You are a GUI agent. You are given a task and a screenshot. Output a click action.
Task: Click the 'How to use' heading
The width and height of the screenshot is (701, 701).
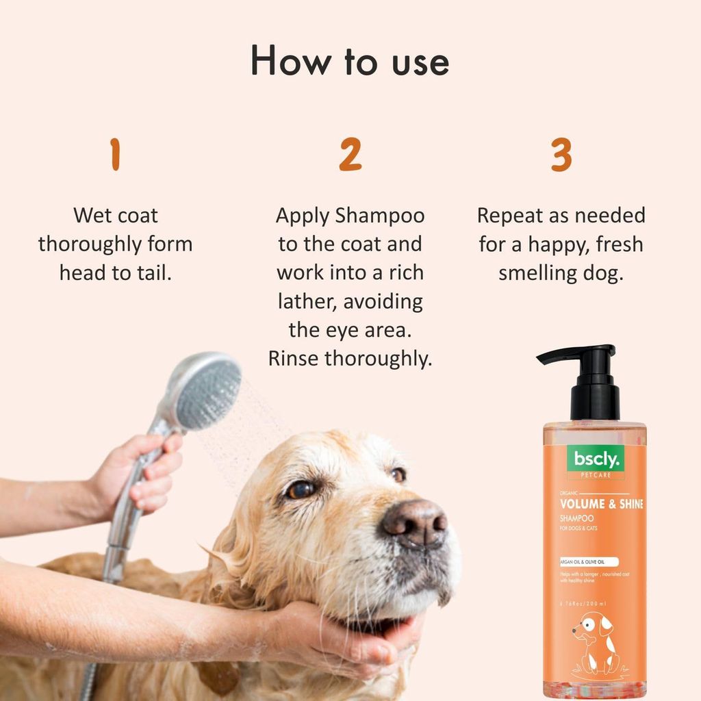[350, 62]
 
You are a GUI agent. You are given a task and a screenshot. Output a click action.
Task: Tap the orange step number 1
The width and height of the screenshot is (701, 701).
[115, 155]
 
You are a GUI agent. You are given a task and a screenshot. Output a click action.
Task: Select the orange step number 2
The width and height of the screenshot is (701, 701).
[350, 155]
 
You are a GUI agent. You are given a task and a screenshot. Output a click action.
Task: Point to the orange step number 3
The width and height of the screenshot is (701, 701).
[561, 155]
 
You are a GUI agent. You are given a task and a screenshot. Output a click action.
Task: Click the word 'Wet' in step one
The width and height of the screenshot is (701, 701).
[93, 216]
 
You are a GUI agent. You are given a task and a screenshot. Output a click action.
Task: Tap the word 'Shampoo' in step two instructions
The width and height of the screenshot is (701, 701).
[380, 216]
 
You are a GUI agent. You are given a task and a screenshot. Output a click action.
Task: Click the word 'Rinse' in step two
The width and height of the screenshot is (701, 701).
[294, 359]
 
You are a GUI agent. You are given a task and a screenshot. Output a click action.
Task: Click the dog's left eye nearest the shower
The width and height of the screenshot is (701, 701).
[302, 489]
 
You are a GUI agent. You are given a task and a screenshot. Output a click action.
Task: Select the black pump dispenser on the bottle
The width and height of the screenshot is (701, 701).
[589, 383]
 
